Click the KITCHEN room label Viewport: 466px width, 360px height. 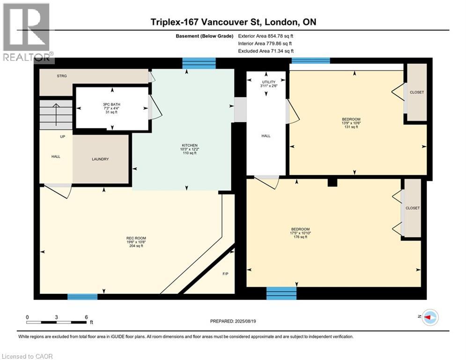(x=189, y=145)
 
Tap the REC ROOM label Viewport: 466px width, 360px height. (x=136, y=238)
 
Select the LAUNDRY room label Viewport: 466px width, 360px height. (x=100, y=159)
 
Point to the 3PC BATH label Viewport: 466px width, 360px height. (x=111, y=105)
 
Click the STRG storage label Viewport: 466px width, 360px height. (x=62, y=76)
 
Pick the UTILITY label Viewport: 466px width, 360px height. (x=269, y=82)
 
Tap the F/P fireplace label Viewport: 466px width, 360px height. (x=226, y=274)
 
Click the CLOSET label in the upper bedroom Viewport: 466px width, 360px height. (x=417, y=92)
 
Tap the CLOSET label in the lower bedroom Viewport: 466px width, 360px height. (x=413, y=208)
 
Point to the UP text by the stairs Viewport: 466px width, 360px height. (x=62, y=136)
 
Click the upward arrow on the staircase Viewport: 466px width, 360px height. (x=56, y=114)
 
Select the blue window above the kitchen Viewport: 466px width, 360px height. (x=199, y=63)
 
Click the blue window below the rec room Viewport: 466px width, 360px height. (x=82, y=297)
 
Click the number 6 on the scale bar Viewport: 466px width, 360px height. (x=87, y=317)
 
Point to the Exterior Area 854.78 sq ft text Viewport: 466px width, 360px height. (x=266, y=36)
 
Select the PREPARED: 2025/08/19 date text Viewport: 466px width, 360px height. (x=233, y=321)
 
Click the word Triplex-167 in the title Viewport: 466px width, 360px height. (x=175, y=22)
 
